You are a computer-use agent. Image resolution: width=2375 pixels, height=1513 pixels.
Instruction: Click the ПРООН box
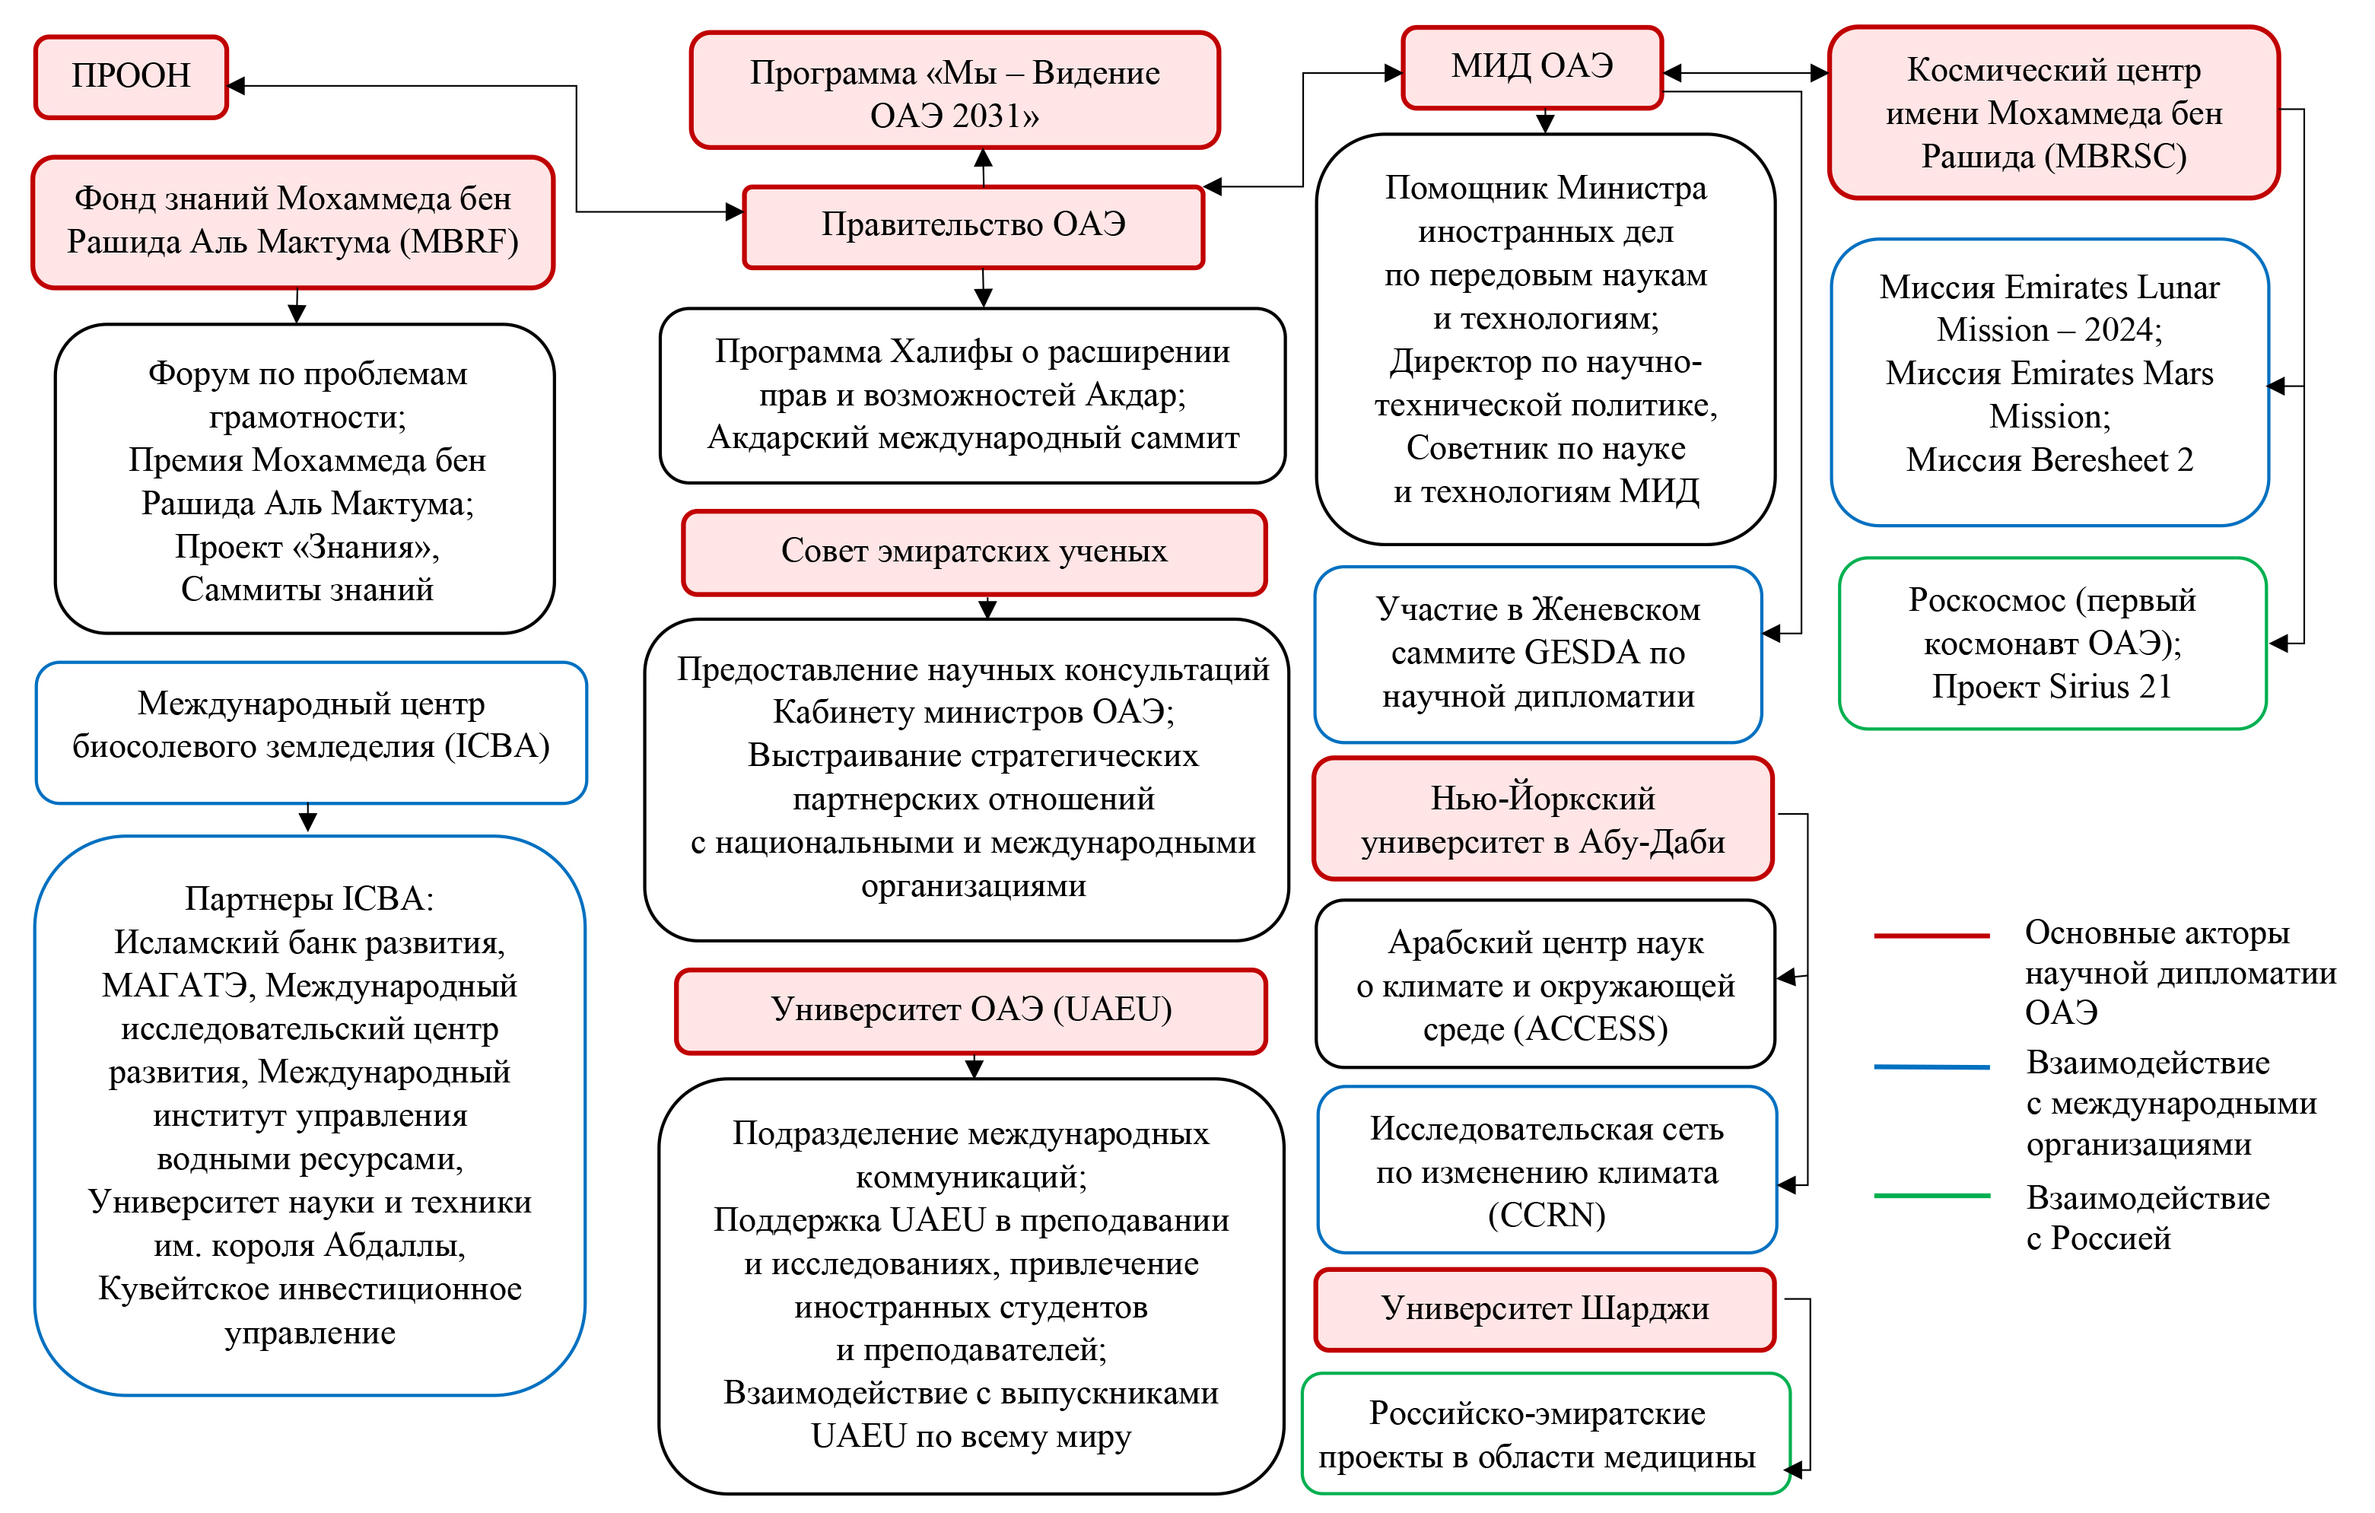131,77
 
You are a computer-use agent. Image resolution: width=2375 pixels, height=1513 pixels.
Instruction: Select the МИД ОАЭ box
1531,67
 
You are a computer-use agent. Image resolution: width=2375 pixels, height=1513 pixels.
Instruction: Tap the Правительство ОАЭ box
974,226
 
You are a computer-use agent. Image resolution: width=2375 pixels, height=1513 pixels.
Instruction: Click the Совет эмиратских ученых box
974,552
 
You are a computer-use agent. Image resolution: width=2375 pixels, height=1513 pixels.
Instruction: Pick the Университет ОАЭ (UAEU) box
971,1011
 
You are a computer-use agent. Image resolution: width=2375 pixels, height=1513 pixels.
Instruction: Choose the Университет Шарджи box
1544,1309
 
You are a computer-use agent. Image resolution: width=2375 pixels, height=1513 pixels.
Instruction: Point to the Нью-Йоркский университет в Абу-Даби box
1543,819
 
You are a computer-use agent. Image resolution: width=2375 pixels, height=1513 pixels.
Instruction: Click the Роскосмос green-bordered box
2052,643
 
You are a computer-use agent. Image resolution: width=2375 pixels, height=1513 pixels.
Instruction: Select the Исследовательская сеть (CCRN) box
1547,1171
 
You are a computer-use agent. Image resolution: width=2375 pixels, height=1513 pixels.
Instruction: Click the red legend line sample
1931,935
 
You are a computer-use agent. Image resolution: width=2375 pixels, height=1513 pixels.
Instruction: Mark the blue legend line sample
1931,1066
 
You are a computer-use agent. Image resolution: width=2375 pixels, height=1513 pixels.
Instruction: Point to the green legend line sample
1931,1195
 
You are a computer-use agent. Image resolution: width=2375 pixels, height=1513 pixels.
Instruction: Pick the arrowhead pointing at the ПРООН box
237,86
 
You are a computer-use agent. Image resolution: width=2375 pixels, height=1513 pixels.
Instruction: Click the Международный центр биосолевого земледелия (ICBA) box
310,732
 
